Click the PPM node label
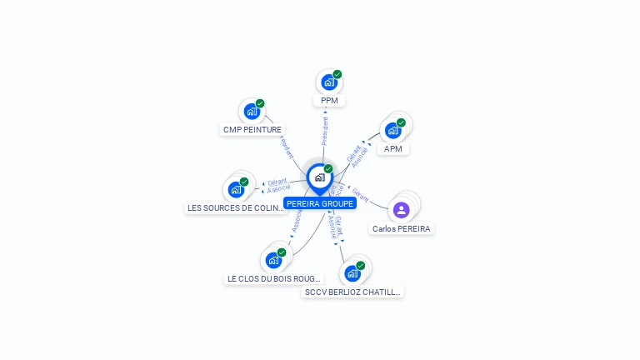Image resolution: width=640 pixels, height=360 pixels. tap(329, 100)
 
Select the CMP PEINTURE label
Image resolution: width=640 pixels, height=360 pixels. tap(252, 130)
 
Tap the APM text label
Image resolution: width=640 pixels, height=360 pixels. tap(393, 149)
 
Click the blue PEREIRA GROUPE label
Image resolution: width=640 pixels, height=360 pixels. tap(320, 203)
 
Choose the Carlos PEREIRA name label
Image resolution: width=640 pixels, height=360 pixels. tap(402, 228)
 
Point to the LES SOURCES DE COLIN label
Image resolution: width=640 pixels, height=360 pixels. tap(236, 208)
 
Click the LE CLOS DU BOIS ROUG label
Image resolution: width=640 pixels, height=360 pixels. tap(273, 278)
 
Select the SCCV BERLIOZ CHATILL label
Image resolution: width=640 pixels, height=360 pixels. tap(353, 292)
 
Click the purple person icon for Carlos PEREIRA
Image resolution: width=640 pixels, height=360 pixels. tap(402, 209)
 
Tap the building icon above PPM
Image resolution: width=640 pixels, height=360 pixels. tap(329, 82)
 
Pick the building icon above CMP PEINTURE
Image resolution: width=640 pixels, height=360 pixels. tap(251, 111)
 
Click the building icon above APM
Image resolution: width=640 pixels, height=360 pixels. tap(392, 131)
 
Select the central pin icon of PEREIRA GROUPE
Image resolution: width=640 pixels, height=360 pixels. tap(319, 177)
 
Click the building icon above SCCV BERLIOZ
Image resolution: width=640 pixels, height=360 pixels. tap(352, 273)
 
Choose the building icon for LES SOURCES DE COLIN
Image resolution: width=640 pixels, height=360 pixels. tap(236, 189)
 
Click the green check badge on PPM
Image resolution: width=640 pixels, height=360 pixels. tap(337, 74)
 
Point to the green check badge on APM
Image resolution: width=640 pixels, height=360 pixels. tap(401, 122)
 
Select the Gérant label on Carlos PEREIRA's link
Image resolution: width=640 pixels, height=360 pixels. tap(360, 196)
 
